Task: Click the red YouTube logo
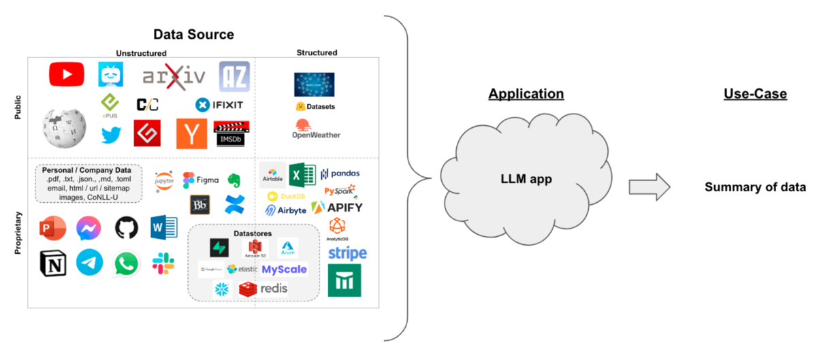pos(67,74)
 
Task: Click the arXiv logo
pos(174,76)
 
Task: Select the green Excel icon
pos(302,176)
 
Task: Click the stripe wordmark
pos(347,254)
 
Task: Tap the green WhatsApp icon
pos(126,263)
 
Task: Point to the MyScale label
pos(284,269)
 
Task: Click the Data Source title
pos(193,34)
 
